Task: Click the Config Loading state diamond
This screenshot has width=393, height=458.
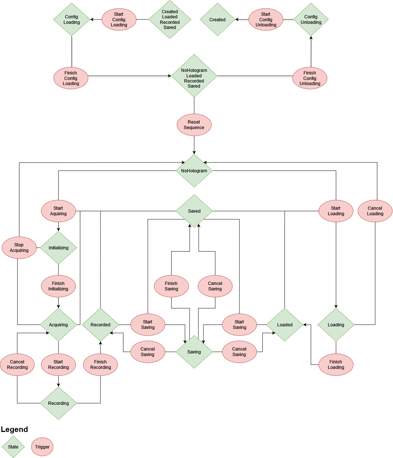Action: point(71,19)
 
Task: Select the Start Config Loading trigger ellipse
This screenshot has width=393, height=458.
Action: point(119,20)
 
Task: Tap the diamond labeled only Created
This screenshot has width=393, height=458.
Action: point(217,20)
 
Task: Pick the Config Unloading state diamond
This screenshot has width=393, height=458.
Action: point(311,19)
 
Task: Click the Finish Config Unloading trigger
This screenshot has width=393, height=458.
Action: point(310,78)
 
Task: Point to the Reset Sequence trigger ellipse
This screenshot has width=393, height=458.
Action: point(194,125)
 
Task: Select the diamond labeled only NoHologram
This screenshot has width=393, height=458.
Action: point(194,171)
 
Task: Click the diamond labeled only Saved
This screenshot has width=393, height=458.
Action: point(194,211)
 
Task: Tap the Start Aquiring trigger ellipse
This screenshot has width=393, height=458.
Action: point(58,211)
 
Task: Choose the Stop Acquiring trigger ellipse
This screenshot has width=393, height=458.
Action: point(19,248)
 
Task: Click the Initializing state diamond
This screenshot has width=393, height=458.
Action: point(59,248)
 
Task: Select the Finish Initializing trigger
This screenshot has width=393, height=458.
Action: point(58,286)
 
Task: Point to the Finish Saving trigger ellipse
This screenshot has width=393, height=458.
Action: point(171,286)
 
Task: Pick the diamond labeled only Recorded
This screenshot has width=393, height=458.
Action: point(100,325)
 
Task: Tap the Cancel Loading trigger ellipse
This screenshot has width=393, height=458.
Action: point(375,211)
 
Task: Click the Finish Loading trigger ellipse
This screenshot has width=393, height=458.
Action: point(336,364)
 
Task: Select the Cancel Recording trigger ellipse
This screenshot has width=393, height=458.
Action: point(17,364)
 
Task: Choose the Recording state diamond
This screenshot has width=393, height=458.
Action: point(59,403)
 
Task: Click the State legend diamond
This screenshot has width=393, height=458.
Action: point(13,447)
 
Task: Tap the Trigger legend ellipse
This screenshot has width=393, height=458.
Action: point(43,447)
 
